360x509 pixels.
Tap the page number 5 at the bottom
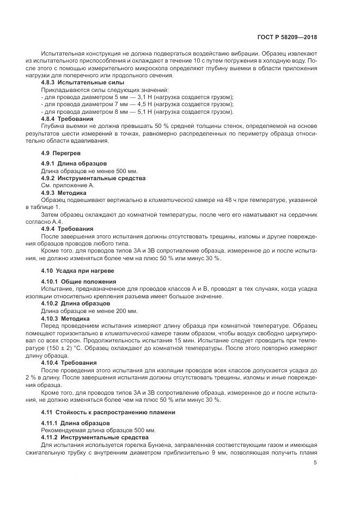(x=315, y=463)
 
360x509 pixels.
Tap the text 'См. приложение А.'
(x=68, y=186)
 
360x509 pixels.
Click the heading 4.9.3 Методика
(x=64, y=193)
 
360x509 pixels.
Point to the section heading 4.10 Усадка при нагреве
(x=77, y=271)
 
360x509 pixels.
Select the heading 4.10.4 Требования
(x=69, y=362)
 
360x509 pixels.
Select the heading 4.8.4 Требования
(x=67, y=119)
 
